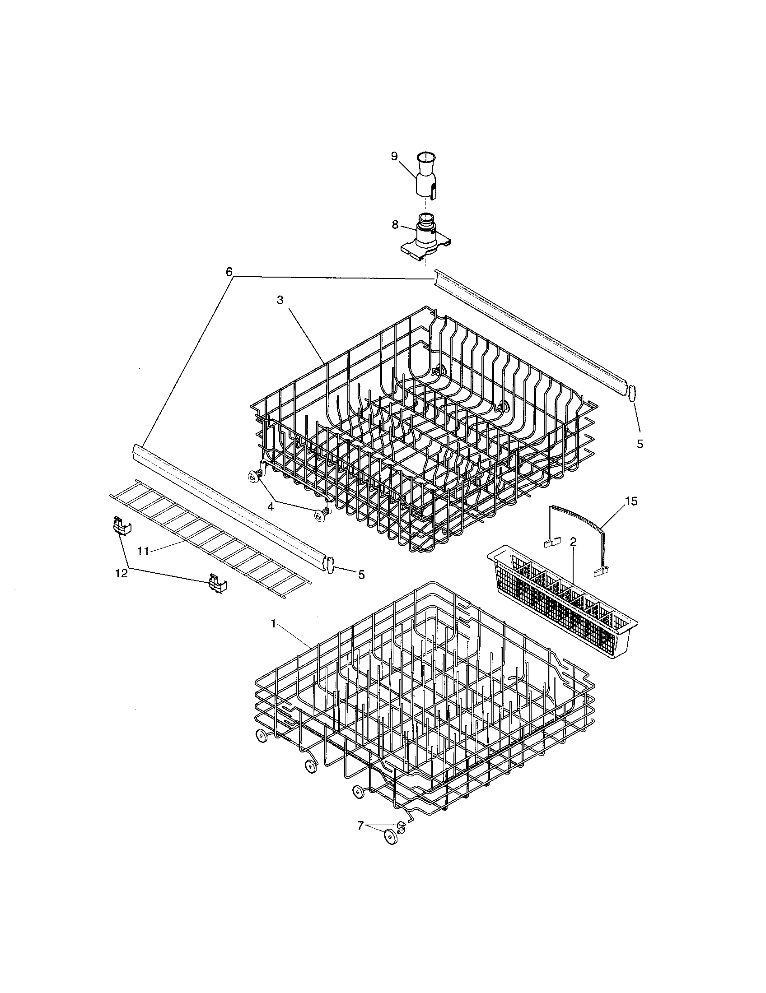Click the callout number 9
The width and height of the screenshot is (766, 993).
[394, 157]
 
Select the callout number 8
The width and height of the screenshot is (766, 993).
[395, 225]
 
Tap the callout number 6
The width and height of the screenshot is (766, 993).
[229, 272]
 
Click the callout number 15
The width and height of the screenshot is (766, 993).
[631, 501]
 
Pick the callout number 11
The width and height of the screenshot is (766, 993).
[143, 551]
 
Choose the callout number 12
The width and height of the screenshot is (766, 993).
[121, 573]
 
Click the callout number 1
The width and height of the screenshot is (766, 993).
[273, 624]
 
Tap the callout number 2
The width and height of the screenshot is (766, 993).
[573, 542]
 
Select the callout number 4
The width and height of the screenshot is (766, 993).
[270, 506]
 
